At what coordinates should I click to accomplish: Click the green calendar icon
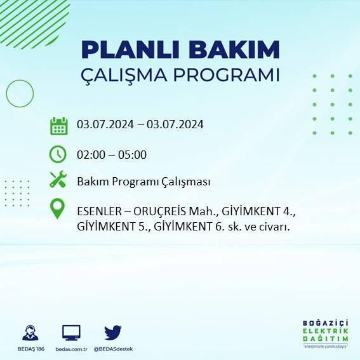coord(58,125)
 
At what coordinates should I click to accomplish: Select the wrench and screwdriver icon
coord(58,180)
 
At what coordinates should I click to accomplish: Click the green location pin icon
coord(58,210)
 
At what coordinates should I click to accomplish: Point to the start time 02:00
coord(90,154)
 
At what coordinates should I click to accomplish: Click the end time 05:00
coord(133,154)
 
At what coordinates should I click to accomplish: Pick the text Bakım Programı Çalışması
coord(143,182)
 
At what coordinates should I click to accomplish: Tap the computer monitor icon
coord(71,332)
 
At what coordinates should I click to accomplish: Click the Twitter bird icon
coord(112,332)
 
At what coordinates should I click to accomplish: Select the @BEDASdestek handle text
coord(113,349)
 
